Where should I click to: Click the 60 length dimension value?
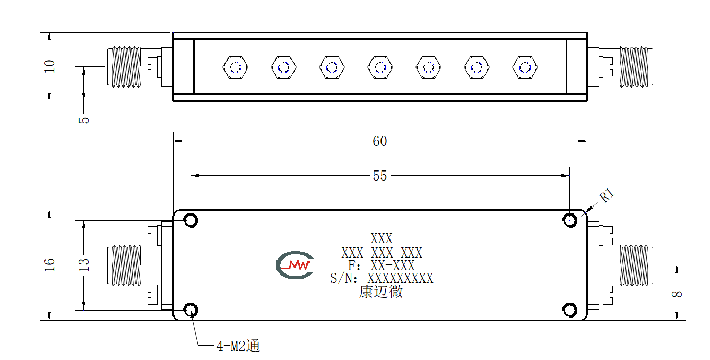[x=380, y=141]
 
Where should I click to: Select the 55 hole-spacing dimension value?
[x=380, y=176]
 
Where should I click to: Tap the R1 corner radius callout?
[x=607, y=195]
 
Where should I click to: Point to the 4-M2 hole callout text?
[x=238, y=346]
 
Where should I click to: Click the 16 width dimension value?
[x=49, y=264]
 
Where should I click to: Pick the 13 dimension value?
[x=84, y=264]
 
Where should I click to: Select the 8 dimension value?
[x=677, y=294]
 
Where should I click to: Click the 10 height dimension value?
[x=49, y=66]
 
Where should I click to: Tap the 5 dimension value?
[x=84, y=120]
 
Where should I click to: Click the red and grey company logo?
[x=295, y=265]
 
